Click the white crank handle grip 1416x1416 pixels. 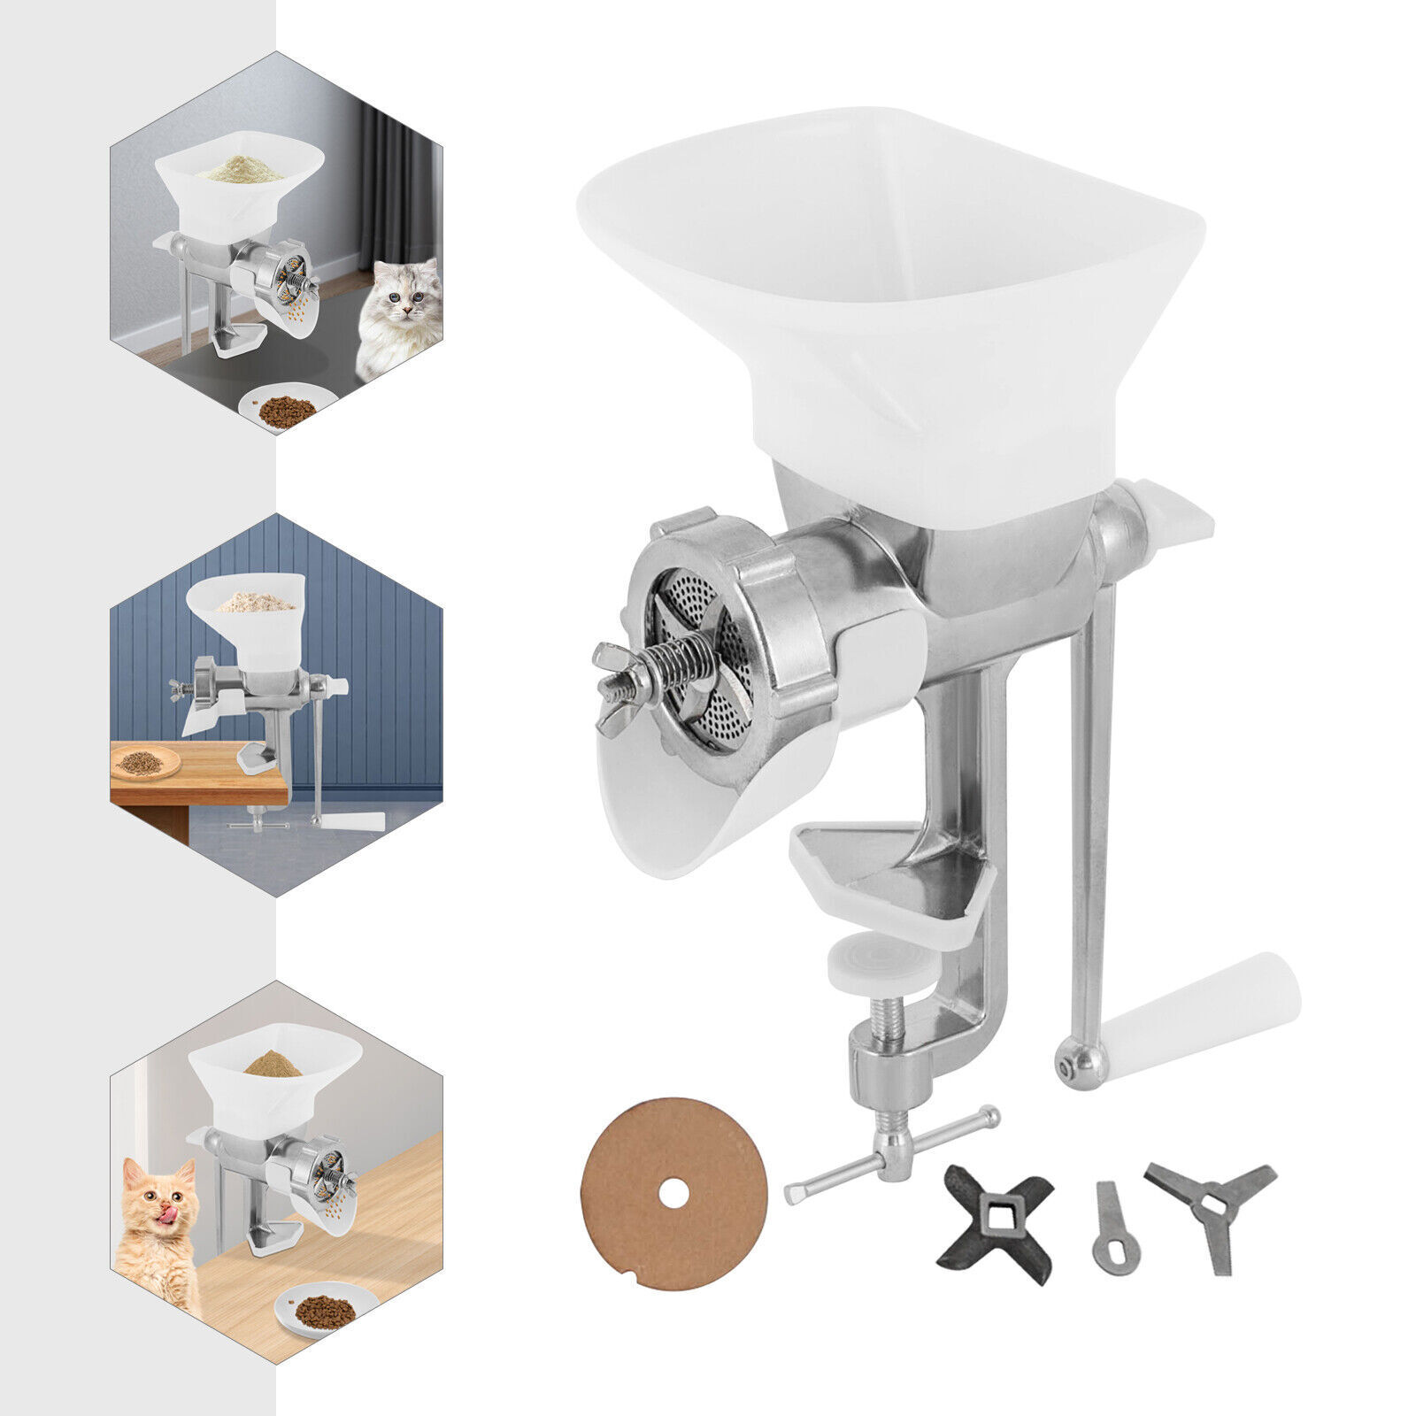click(1204, 1018)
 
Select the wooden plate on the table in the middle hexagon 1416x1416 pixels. click(145, 761)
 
